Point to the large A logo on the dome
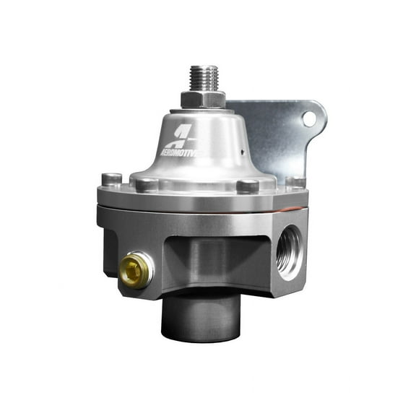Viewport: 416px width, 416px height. [182, 136]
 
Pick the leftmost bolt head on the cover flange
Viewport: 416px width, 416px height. [110, 178]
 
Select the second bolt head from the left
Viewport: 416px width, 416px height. [146, 183]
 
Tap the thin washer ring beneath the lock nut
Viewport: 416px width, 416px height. [202, 109]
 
